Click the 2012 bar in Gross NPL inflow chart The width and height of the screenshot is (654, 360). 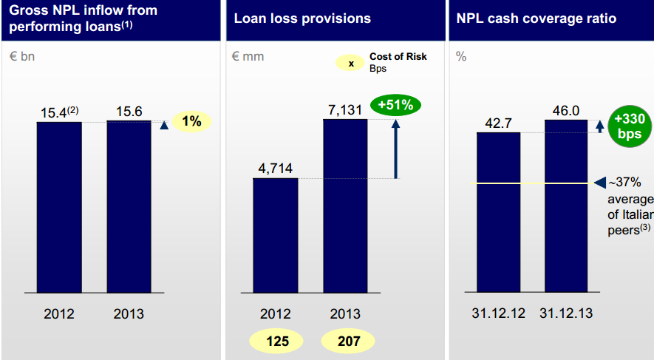(59, 206)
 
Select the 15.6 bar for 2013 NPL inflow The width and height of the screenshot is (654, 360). (129, 206)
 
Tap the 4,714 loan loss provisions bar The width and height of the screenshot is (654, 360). (276, 234)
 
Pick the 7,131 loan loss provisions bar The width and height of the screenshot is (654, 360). (345, 205)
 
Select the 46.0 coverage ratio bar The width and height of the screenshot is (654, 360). (567, 206)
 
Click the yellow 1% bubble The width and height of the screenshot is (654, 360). (191, 121)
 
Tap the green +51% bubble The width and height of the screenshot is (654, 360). (395, 105)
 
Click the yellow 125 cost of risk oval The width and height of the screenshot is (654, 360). (276, 341)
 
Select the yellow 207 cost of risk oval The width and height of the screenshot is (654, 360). (348, 341)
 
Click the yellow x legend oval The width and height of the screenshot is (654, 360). (351, 63)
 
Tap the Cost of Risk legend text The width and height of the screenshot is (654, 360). (398, 57)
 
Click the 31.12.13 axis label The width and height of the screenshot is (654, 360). (567, 313)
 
